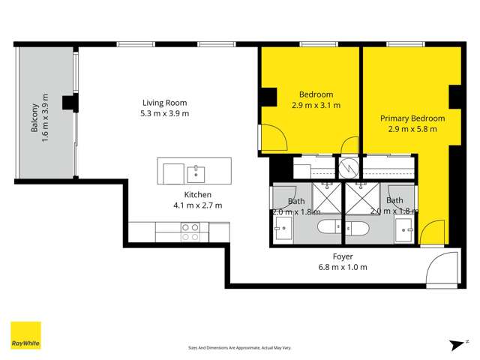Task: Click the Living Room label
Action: click(x=164, y=103)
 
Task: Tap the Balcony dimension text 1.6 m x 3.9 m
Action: click(x=45, y=119)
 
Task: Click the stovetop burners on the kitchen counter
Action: click(x=190, y=232)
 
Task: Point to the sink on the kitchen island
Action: click(x=197, y=173)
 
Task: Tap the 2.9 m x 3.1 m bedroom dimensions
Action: click(x=315, y=106)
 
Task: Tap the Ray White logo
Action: click(x=25, y=335)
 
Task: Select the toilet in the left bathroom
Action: click(x=329, y=227)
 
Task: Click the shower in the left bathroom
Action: click(x=327, y=198)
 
